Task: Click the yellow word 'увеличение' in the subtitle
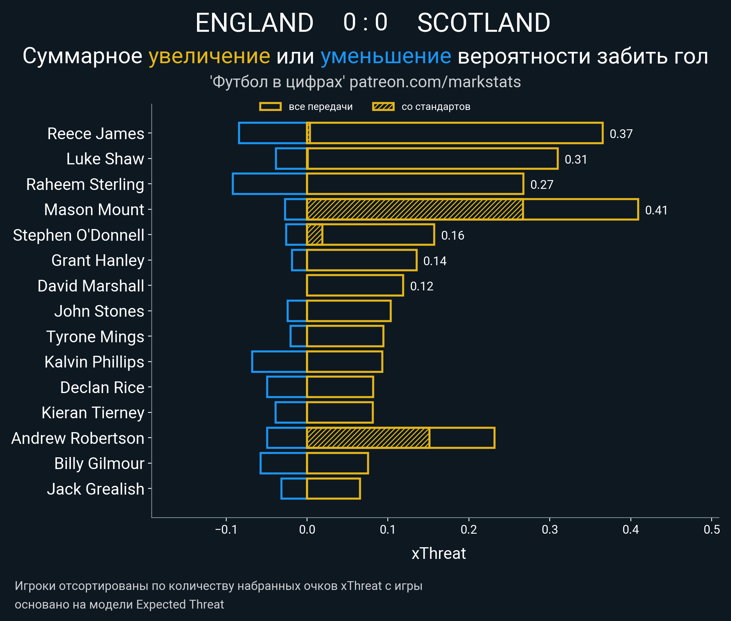click(209, 57)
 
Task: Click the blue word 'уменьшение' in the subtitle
click(386, 57)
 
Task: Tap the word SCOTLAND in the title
click(484, 23)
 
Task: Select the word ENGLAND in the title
click(254, 23)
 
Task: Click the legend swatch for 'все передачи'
click(270, 107)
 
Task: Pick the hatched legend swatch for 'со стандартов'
click(383, 107)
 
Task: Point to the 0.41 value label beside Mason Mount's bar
click(656, 210)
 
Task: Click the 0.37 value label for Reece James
click(621, 134)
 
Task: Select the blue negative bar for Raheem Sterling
click(269, 184)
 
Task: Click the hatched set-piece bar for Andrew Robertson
click(368, 438)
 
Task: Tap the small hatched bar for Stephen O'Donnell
click(314, 235)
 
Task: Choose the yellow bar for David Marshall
click(355, 285)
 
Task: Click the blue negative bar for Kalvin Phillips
click(279, 362)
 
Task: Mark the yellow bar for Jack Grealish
click(333, 488)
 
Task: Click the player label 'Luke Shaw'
click(105, 159)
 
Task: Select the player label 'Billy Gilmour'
click(99, 464)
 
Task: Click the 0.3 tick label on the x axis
click(550, 529)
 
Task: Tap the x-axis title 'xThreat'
click(439, 553)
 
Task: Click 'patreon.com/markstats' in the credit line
click(435, 82)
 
